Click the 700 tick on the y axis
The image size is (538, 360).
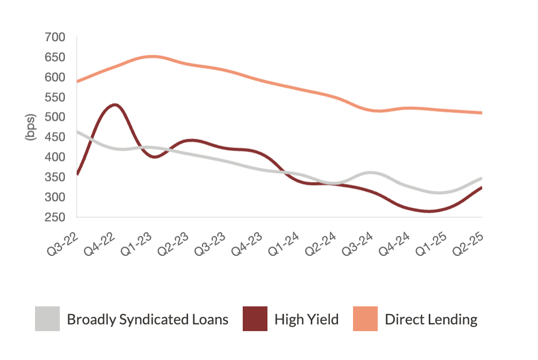55,37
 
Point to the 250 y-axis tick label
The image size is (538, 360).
55,217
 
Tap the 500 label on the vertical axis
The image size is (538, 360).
55,117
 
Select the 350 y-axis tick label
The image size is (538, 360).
55,177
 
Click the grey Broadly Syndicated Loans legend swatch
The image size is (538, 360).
47,319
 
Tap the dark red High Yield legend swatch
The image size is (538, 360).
255,319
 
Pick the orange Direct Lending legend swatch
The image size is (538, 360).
365,319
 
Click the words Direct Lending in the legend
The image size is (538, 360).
431,319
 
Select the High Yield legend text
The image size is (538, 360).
307,319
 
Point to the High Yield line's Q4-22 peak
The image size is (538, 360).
114,105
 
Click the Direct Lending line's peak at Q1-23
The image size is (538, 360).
151,56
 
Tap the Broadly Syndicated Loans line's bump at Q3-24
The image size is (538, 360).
372,173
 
